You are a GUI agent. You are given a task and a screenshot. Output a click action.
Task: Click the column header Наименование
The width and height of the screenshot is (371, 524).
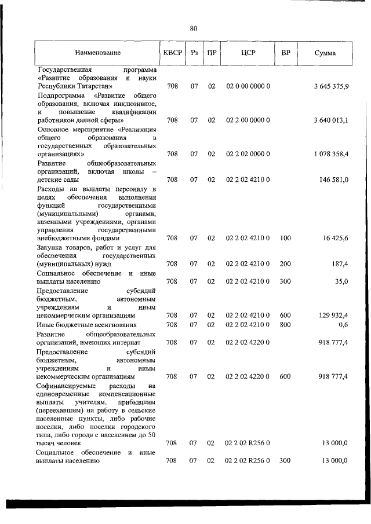[98, 53]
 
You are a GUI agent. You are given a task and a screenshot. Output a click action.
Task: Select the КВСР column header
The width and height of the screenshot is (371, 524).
[172, 53]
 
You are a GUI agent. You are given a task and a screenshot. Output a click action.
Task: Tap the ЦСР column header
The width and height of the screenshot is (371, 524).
[252, 53]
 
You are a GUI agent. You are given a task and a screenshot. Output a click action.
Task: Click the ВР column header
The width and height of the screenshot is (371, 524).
[285, 53]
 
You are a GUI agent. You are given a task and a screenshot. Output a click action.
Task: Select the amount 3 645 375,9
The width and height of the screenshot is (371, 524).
[330, 86]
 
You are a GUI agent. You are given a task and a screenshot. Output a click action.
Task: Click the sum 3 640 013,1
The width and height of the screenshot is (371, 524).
[330, 120]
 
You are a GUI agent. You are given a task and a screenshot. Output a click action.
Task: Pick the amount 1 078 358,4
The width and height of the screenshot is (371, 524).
[330, 155]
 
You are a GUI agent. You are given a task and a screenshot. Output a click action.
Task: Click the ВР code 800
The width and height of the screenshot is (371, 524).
[285, 324]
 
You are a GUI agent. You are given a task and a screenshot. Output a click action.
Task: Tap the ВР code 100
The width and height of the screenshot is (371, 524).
[285, 238]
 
